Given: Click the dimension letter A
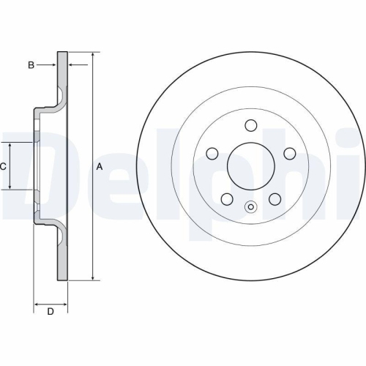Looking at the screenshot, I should tap(100, 166).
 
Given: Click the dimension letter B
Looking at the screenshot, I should tap(31, 65).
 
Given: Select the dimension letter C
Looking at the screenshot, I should tap(3, 166).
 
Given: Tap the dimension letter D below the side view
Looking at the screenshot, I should tap(51, 313).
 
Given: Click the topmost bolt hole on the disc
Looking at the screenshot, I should tap(250, 124).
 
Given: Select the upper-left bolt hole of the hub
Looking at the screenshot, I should tap(212, 153).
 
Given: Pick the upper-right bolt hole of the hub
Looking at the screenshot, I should tap(289, 153).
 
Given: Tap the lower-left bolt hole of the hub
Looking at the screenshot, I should tap(227, 198).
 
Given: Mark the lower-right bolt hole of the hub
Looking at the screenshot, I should tap(274, 198).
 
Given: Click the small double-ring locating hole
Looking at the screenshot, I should tap(250, 206).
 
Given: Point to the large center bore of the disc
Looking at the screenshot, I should tap(250, 165).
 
